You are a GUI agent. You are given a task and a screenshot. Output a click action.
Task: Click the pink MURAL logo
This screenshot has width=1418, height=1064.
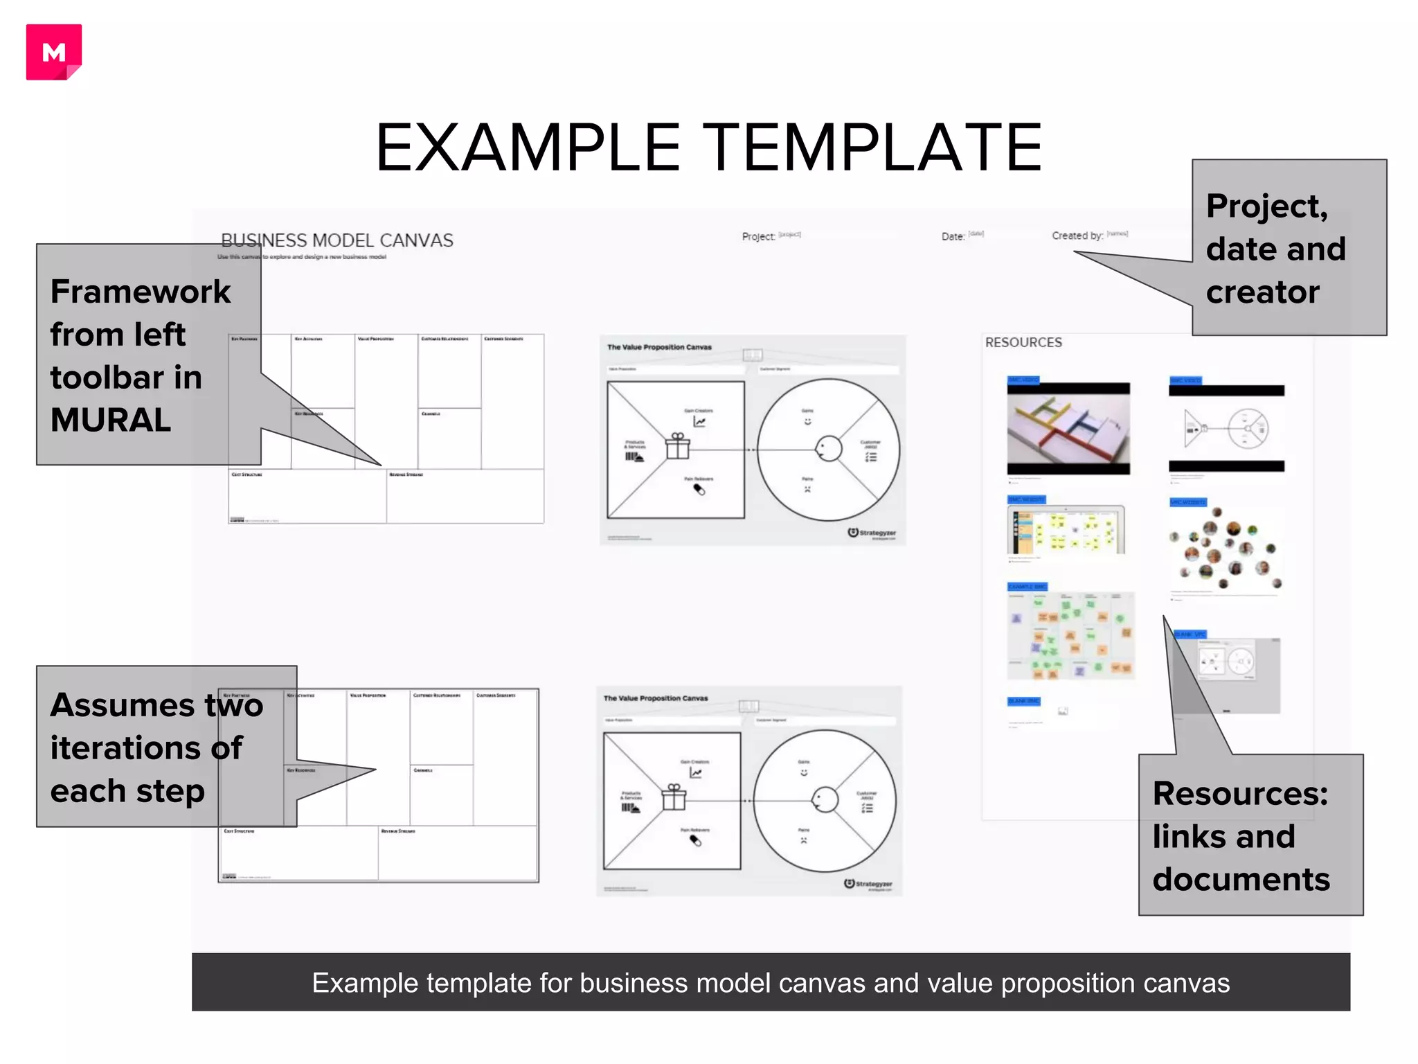[x=53, y=52]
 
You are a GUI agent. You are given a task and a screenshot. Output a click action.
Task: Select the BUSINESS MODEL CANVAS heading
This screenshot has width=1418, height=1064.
[x=336, y=240]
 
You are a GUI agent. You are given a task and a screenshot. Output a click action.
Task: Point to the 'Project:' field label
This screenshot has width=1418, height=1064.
[x=757, y=237]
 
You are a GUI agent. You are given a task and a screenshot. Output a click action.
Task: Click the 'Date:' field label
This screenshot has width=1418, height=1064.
[x=952, y=237]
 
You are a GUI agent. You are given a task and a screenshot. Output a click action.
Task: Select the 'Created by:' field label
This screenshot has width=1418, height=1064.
[x=1077, y=236]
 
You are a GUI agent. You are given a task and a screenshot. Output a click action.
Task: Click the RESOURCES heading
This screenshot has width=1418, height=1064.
[x=1023, y=342]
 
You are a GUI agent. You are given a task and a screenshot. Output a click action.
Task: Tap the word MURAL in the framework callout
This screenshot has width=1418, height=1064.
[x=110, y=420]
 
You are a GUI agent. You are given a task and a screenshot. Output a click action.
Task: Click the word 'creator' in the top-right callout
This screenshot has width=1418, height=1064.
[x=1262, y=292]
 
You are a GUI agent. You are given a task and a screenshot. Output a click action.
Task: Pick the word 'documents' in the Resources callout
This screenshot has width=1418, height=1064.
[x=1241, y=880]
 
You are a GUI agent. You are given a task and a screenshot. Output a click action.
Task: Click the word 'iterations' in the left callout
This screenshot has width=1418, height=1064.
[x=145, y=748]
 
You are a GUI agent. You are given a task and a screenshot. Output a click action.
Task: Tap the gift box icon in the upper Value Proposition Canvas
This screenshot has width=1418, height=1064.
[x=678, y=446]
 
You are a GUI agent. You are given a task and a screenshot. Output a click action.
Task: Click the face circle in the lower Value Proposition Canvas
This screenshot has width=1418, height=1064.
[x=824, y=800]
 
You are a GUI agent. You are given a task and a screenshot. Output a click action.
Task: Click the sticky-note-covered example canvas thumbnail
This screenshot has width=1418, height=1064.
[x=1070, y=635]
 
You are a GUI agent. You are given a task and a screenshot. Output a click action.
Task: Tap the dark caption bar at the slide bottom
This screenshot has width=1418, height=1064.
[x=770, y=982]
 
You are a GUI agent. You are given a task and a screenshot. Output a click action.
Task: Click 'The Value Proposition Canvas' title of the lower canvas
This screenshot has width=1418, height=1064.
[x=655, y=698]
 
